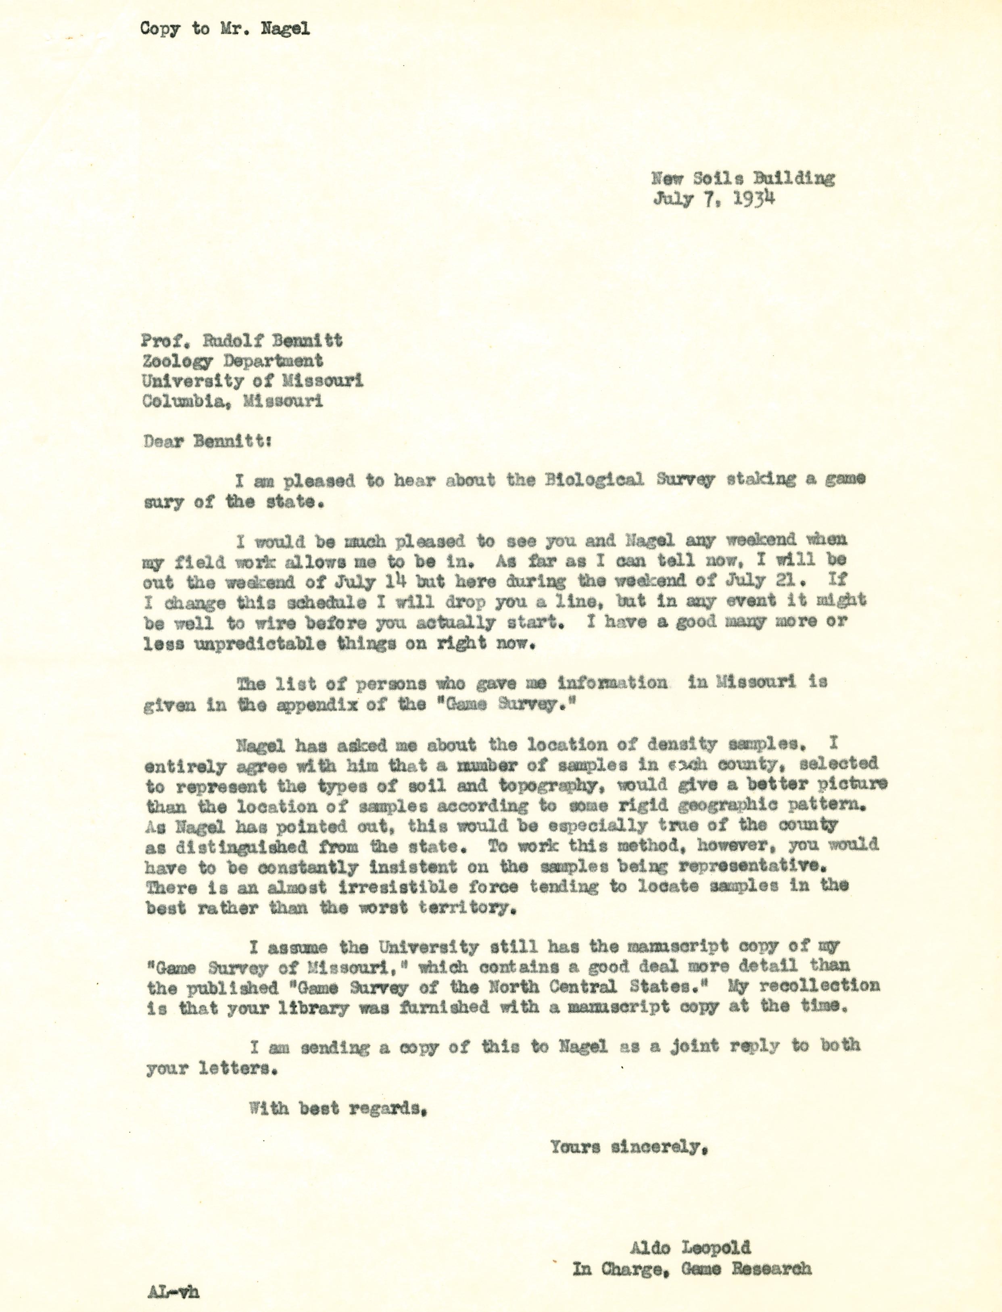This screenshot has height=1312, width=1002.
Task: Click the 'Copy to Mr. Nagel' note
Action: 225,29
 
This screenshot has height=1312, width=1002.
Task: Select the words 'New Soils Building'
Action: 743,178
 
